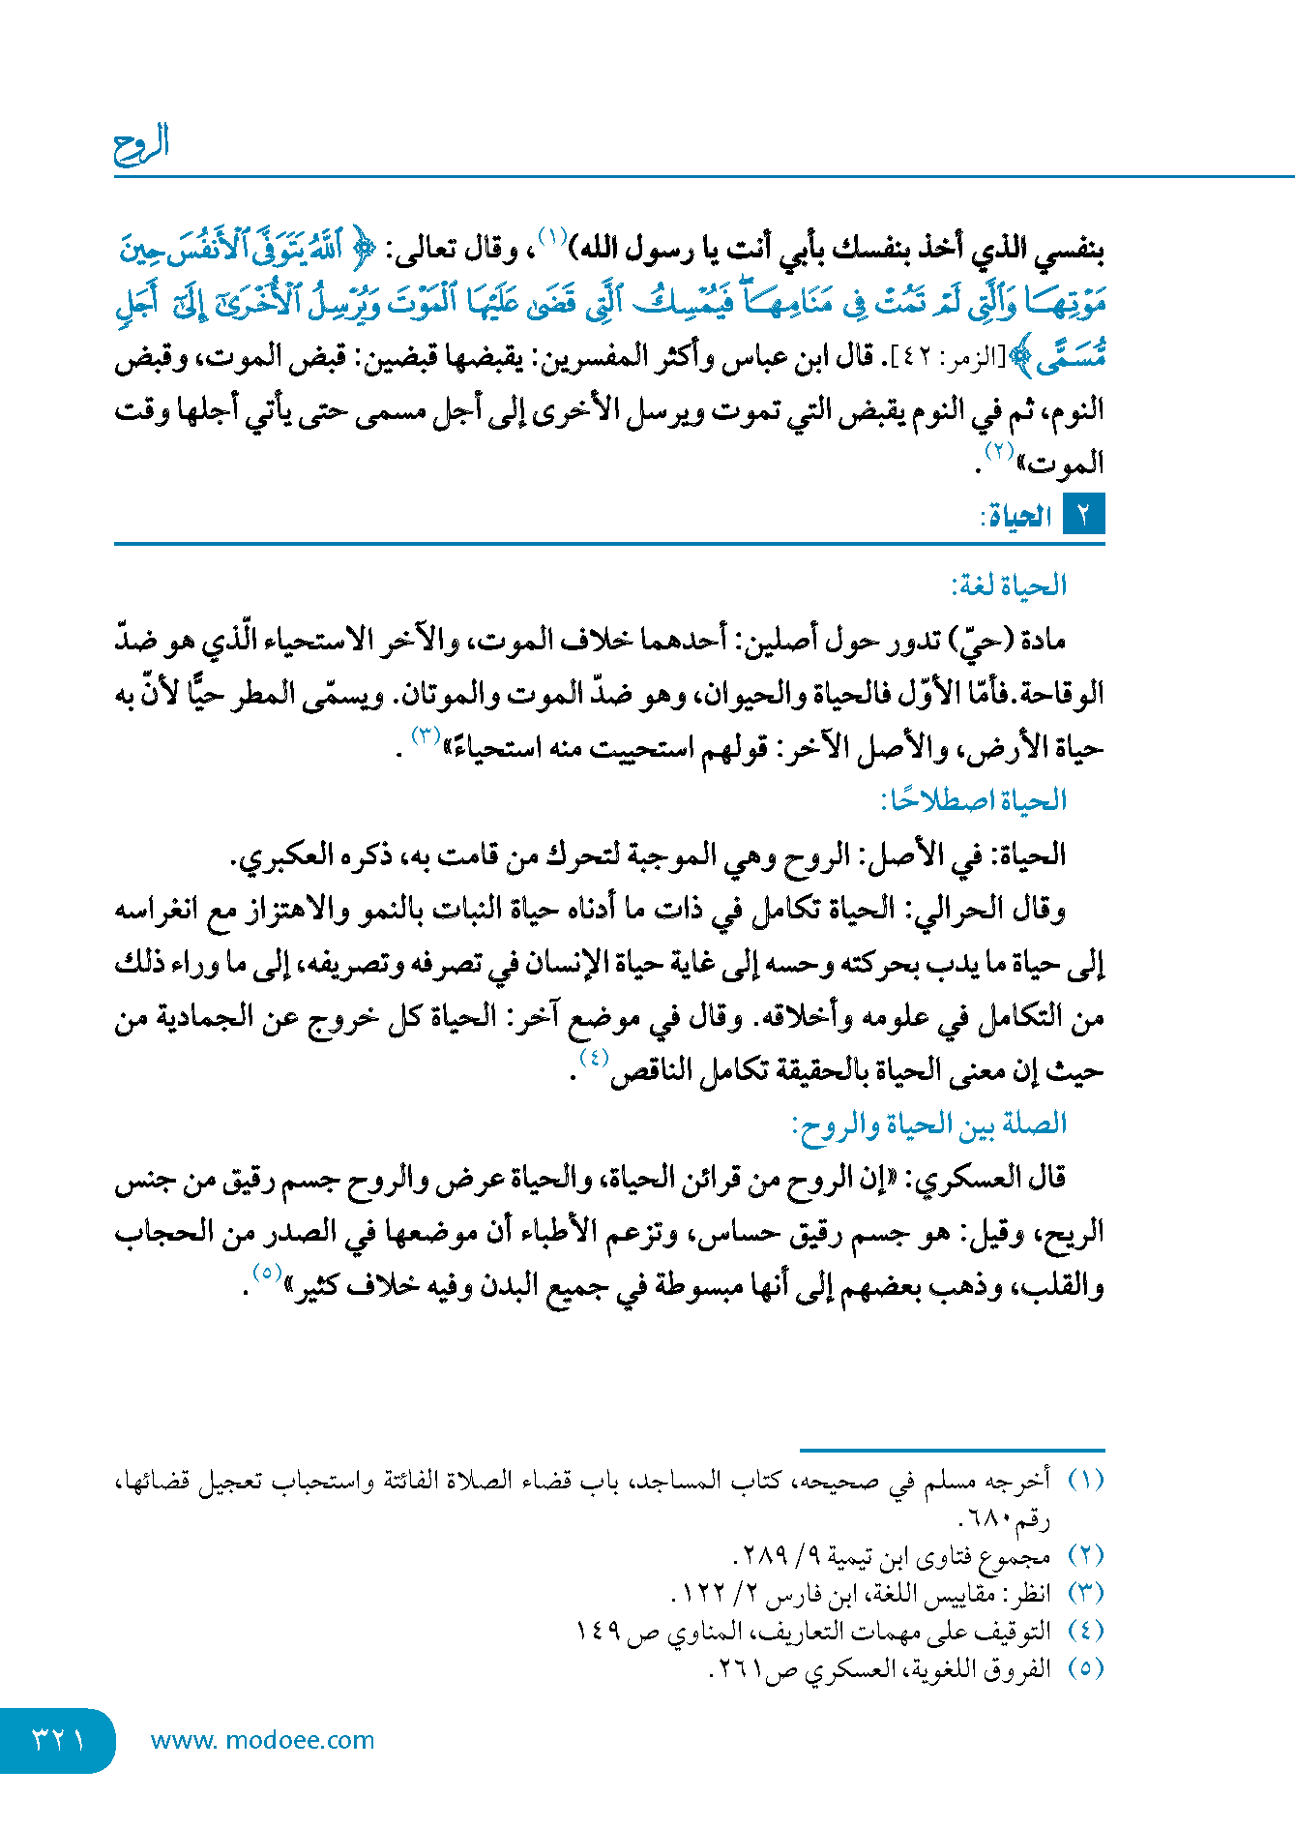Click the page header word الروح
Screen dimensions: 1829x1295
(x=141, y=144)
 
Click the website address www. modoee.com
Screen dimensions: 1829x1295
(x=262, y=1740)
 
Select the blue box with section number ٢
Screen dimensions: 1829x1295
(x=1083, y=515)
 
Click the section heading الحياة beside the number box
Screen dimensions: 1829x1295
(x=1017, y=517)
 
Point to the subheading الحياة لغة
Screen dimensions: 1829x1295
(x=1009, y=585)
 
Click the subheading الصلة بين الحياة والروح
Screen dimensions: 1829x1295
(x=928, y=1124)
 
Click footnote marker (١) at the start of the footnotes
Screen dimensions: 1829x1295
(x=1085, y=1480)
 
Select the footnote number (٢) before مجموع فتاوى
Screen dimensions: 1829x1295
(x=1085, y=1555)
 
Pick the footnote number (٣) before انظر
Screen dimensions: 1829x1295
(x=1085, y=1592)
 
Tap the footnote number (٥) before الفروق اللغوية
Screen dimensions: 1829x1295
(x=1085, y=1667)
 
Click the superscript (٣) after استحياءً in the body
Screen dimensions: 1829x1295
(x=426, y=735)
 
